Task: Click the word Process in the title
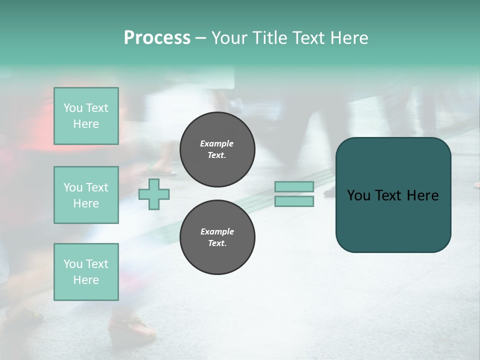[x=157, y=37]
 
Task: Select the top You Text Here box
[x=86, y=116]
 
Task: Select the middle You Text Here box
[x=86, y=195]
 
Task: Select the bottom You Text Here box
[x=86, y=272]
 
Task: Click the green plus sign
[x=154, y=194]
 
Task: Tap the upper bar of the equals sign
[x=294, y=186]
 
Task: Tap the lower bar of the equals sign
[x=294, y=201]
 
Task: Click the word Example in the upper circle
[x=217, y=143]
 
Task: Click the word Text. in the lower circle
[x=217, y=243]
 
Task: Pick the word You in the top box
[x=73, y=108]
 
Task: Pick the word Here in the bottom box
[x=86, y=280]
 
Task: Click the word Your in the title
[x=229, y=37]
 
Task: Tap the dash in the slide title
[x=200, y=38]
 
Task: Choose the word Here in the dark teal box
[x=423, y=195]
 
